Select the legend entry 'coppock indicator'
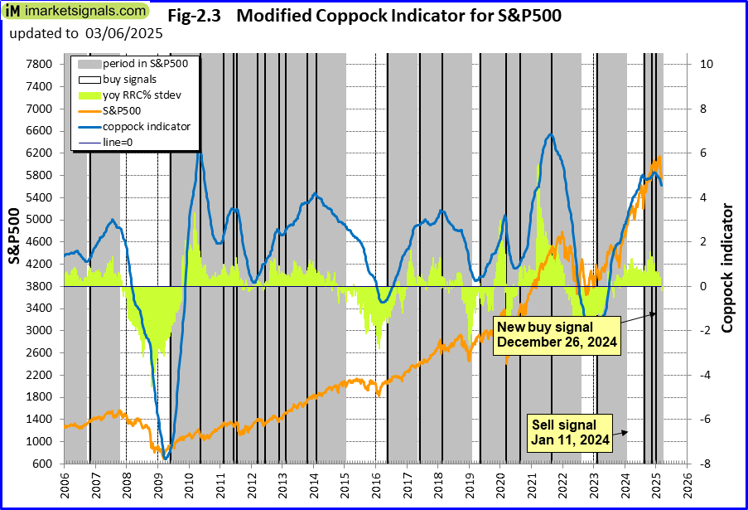[x=147, y=126]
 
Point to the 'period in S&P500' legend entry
[x=145, y=63]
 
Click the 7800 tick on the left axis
[x=40, y=64]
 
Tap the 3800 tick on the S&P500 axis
[x=40, y=286]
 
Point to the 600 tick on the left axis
[x=43, y=464]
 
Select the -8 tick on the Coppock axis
[x=701, y=464]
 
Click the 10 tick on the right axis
[x=702, y=64]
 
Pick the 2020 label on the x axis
[x=500, y=483]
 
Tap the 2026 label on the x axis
[x=688, y=483]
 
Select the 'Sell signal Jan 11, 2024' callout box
[x=571, y=432]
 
